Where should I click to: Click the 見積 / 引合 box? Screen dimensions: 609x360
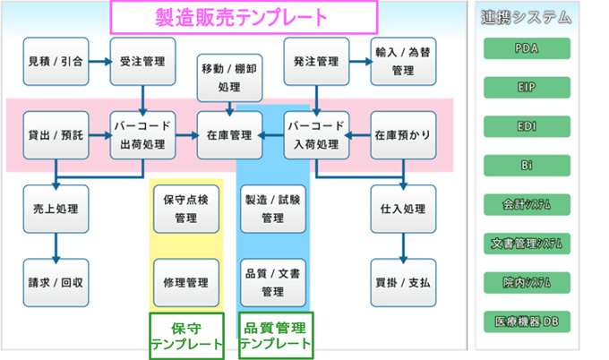56,62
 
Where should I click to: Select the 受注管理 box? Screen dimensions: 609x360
143,62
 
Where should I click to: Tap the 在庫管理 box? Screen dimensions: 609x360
229,135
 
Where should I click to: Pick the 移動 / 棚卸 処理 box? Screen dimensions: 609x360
229,78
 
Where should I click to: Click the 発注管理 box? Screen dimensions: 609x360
316,62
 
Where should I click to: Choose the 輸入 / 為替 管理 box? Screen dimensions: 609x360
403,62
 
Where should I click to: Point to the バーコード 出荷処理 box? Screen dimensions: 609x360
143,135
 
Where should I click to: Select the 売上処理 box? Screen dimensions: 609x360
56,209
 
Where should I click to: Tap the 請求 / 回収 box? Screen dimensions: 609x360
56,283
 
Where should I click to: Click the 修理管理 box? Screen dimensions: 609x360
186,283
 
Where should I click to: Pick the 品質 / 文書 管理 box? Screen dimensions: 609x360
273,283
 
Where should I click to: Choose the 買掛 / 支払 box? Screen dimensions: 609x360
403,283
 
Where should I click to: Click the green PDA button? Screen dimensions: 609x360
527,48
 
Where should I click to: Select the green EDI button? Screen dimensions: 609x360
527,126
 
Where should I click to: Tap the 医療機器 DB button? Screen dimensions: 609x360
527,321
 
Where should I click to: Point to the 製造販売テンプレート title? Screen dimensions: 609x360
244,18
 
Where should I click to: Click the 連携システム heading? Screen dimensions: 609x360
527,18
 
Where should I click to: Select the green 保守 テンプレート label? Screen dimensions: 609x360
187,337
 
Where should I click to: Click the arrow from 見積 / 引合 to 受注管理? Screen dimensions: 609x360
100,62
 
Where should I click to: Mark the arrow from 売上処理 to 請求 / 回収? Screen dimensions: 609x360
56,248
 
